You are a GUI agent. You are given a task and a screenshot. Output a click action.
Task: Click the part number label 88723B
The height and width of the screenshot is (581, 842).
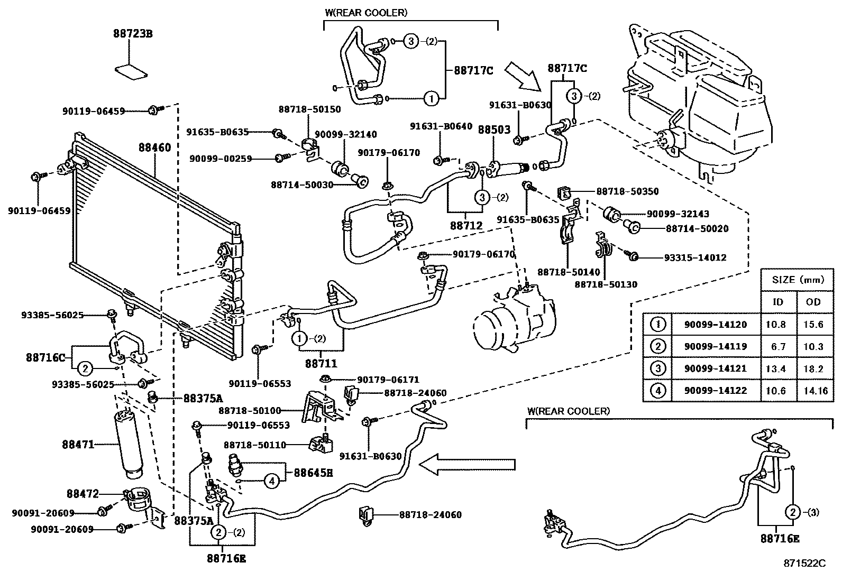pos(132,33)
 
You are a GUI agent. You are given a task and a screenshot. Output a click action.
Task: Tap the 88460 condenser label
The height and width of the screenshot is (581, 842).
pos(155,147)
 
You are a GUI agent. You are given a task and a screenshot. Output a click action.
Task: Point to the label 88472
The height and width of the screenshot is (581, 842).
pos(83,494)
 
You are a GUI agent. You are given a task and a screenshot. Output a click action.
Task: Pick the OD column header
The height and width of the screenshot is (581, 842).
pos(813,302)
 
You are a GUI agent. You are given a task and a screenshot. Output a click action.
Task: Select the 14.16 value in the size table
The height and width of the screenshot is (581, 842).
pos(813,391)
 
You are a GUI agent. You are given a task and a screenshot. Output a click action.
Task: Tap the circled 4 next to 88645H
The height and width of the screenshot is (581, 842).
pos(271,481)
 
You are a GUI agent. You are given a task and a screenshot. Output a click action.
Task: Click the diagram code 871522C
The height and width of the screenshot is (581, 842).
pos(804,564)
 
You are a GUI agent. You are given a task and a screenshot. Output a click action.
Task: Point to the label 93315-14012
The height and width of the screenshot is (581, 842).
pos(695,257)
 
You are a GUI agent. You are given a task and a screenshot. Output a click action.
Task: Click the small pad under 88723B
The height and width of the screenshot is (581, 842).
pos(132,71)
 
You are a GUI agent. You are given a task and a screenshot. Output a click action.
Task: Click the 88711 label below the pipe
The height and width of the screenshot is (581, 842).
pos(321,364)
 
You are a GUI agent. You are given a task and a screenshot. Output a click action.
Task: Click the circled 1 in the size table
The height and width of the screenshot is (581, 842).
pos(657,324)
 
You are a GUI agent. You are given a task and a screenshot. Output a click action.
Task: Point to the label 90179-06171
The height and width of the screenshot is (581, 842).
pos(388,380)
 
